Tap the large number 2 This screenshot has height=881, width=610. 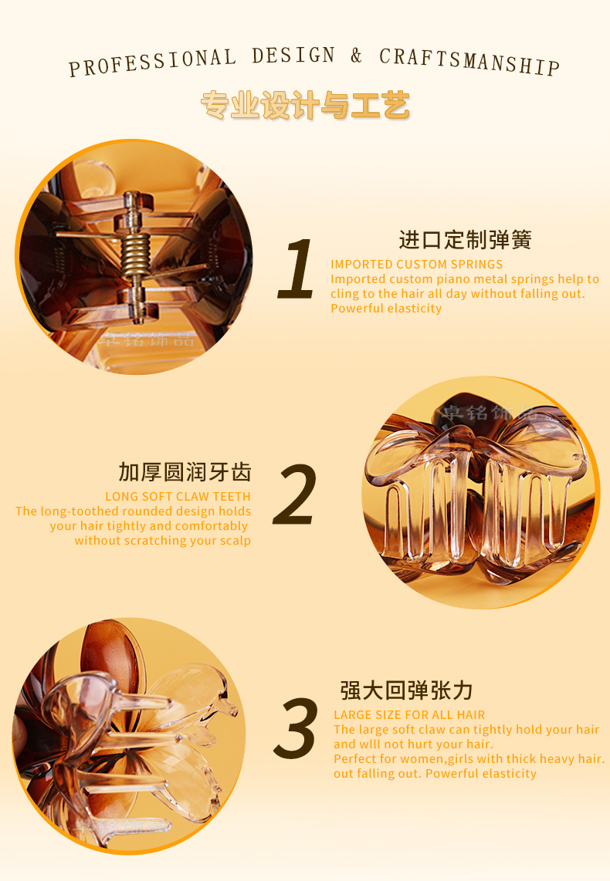[x=295, y=495]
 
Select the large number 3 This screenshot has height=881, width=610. [x=297, y=727]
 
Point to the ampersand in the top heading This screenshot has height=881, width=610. [x=356, y=55]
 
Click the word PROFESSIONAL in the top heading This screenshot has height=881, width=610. [x=152, y=62]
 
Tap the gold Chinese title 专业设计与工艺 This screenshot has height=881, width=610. [x=305, y=105]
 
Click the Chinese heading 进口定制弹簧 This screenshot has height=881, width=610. [x=465, y=239]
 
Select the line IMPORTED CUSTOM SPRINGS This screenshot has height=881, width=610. [x=417, y=264]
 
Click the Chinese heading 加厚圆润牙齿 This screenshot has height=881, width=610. [x=185, y=472]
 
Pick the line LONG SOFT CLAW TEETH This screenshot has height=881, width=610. [x=178, y=497]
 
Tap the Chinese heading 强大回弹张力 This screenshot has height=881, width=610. [x=406, y=690]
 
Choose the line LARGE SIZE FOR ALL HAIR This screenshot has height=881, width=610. [x=409, y=714]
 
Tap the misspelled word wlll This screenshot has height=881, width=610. [x=371, y=744]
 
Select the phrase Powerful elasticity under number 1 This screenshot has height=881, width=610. [x=386, y=309]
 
